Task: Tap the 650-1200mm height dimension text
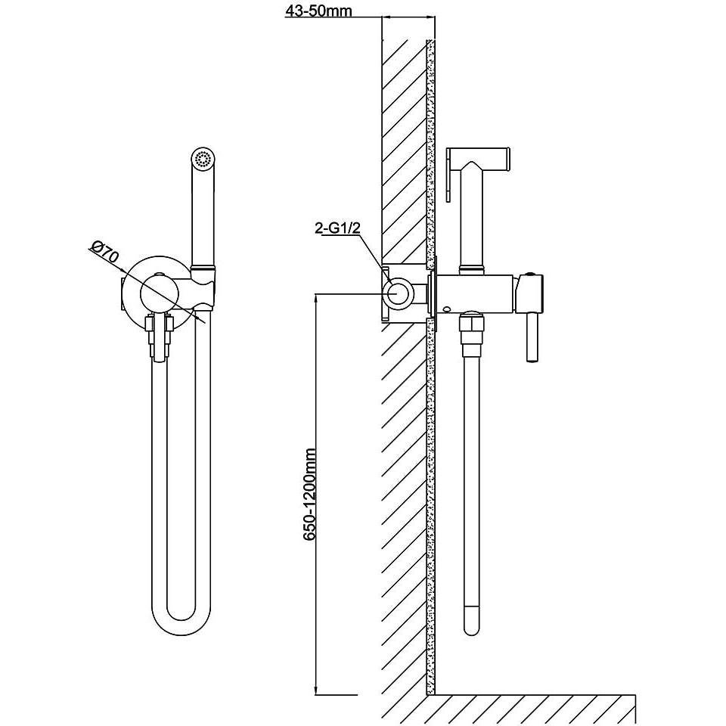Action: click(x=309, y=495)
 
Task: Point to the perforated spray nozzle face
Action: click(x=203, y=159)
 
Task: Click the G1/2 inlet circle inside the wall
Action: click(x=397, y=293)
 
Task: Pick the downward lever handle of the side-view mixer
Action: click(x=532, y=338)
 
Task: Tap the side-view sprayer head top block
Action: click(x=478, y=157)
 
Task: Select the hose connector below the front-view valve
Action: click(x=158, y=337)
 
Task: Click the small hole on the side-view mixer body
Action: click(x=446, y=309)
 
